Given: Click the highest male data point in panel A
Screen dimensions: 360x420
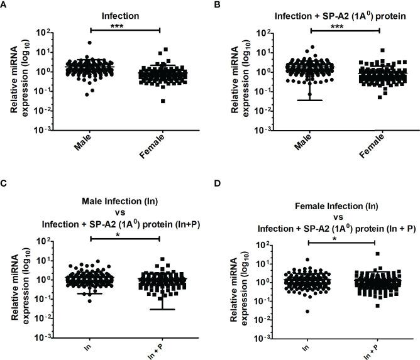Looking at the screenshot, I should [90, 43].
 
